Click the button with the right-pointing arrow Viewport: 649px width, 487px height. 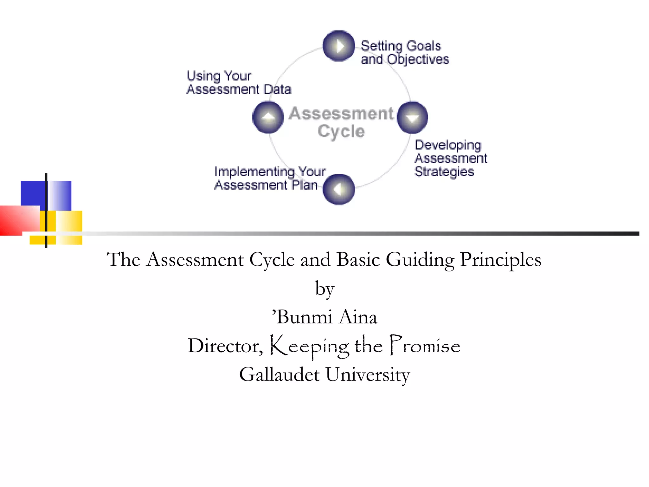[338, 46]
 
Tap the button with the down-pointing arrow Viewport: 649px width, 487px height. [412, 118]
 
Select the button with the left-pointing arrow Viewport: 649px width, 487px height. [338, 190]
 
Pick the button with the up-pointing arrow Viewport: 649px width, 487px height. [268, 117]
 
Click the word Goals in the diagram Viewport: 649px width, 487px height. [423, 46]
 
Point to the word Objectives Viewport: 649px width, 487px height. [418, 60]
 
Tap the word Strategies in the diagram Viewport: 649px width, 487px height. [444, 172]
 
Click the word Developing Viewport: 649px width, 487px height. [448, 145]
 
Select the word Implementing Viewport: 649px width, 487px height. [254, 172]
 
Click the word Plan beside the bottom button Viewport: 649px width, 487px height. [305, 185]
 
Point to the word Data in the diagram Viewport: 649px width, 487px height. [277, 89]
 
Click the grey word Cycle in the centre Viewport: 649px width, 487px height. [341, 132]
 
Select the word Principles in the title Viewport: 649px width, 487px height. [500, 260]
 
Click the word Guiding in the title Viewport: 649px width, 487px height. [420, 260]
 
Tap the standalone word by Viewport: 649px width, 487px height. [324, 289]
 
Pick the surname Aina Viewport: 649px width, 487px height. [358, 317]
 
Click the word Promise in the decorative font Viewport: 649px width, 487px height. [425, 346]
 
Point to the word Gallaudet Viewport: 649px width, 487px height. [279, 374]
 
